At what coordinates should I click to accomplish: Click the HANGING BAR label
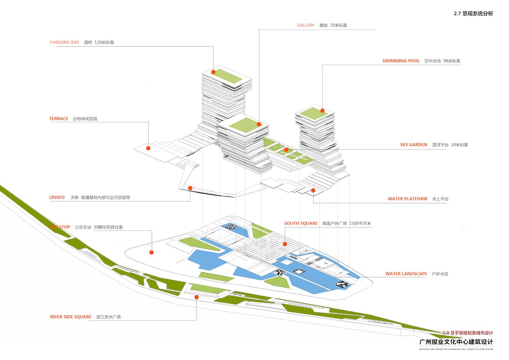tap(65, 42)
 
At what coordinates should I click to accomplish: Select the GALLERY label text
tap(306, 25)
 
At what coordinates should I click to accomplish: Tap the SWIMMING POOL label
tap(401, 61)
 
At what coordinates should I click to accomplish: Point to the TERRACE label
tap(59, 119)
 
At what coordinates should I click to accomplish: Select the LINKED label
tap(57, 197)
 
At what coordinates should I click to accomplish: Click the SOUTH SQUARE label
tap(301, 224)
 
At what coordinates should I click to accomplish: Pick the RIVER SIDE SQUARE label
tap(70, 317)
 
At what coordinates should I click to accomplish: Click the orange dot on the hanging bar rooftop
tap(214, 72)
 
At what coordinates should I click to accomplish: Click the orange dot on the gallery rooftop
tap(259, 124)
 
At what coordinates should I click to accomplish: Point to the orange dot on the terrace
tap(148, 148)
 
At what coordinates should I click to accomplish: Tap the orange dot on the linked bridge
tap(190, 188)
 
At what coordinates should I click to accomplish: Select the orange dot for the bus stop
tap(151, 252)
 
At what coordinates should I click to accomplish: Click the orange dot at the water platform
tap(313, 190)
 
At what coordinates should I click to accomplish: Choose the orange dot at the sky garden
tap(287, 150)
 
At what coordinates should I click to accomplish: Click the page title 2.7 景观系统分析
tap(473, 14)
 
